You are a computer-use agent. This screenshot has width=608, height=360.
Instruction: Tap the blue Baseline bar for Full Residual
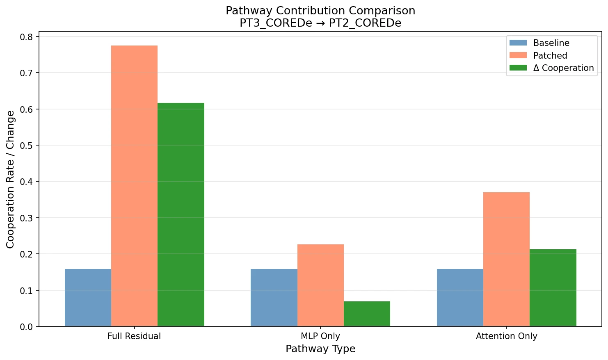click(x=88, y=298)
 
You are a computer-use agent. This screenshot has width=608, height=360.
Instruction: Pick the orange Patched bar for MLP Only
click(x=320, y=285)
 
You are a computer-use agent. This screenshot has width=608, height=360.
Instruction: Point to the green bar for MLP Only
click(x=367, y=314)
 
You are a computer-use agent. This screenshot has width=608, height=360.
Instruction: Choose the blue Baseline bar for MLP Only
click(x=274, y=298)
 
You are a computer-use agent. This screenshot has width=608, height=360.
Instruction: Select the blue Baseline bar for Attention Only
click(x=460, y=298)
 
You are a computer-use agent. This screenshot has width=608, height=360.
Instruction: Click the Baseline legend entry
click(x=551, y=43)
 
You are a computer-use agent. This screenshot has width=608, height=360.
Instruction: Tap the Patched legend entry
click(x=550, y=56)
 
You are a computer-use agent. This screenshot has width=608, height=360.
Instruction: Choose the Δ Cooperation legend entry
click(x=563, y=68)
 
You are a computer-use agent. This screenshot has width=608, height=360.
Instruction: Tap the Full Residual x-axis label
click(x=134, y=336)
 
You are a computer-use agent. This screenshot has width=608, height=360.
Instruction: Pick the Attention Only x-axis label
click(x=506, y=336)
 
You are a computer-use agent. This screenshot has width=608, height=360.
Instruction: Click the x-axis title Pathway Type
click(x=320, y=349)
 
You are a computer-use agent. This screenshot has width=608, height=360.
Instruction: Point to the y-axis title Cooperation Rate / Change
click(x=11, y=179)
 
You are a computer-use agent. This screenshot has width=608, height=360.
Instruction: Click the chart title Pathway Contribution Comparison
click(x=320, y=11)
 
